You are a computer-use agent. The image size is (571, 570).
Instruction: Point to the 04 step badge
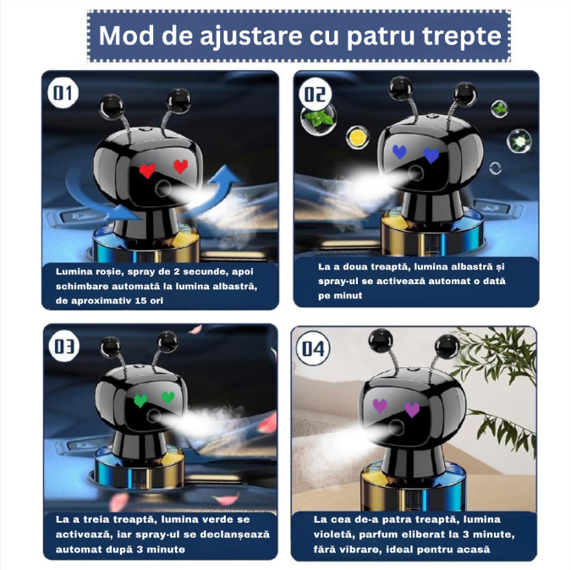point(314,348)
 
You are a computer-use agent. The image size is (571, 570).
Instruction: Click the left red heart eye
point(147,170)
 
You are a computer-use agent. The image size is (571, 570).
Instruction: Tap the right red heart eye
point(180,167)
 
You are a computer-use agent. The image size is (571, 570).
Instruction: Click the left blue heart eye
point(400,152)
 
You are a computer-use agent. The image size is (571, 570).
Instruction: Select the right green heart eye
point(168,397)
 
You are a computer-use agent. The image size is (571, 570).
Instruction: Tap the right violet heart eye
point(412,409)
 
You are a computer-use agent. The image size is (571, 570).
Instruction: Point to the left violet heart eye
point(381,405)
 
